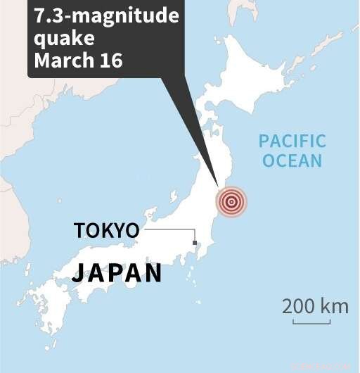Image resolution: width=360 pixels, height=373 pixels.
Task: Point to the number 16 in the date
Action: [x=110, y=61]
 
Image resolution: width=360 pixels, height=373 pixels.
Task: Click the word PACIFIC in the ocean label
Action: [x=292, y=141]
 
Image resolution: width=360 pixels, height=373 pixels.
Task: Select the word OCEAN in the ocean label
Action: [x=292, y=160]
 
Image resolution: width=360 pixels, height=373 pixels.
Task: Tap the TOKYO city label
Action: [x=106, y=230]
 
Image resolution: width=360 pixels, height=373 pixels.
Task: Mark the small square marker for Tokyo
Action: [x=195, y=244]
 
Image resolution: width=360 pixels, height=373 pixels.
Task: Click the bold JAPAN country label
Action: [x=117, y=273]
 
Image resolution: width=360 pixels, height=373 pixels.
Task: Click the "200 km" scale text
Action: [x=316, y=306]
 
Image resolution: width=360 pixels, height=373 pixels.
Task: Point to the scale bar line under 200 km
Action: [x=311, y=322]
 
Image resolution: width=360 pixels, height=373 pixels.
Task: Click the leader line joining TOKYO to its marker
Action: [x=169, y=229]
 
